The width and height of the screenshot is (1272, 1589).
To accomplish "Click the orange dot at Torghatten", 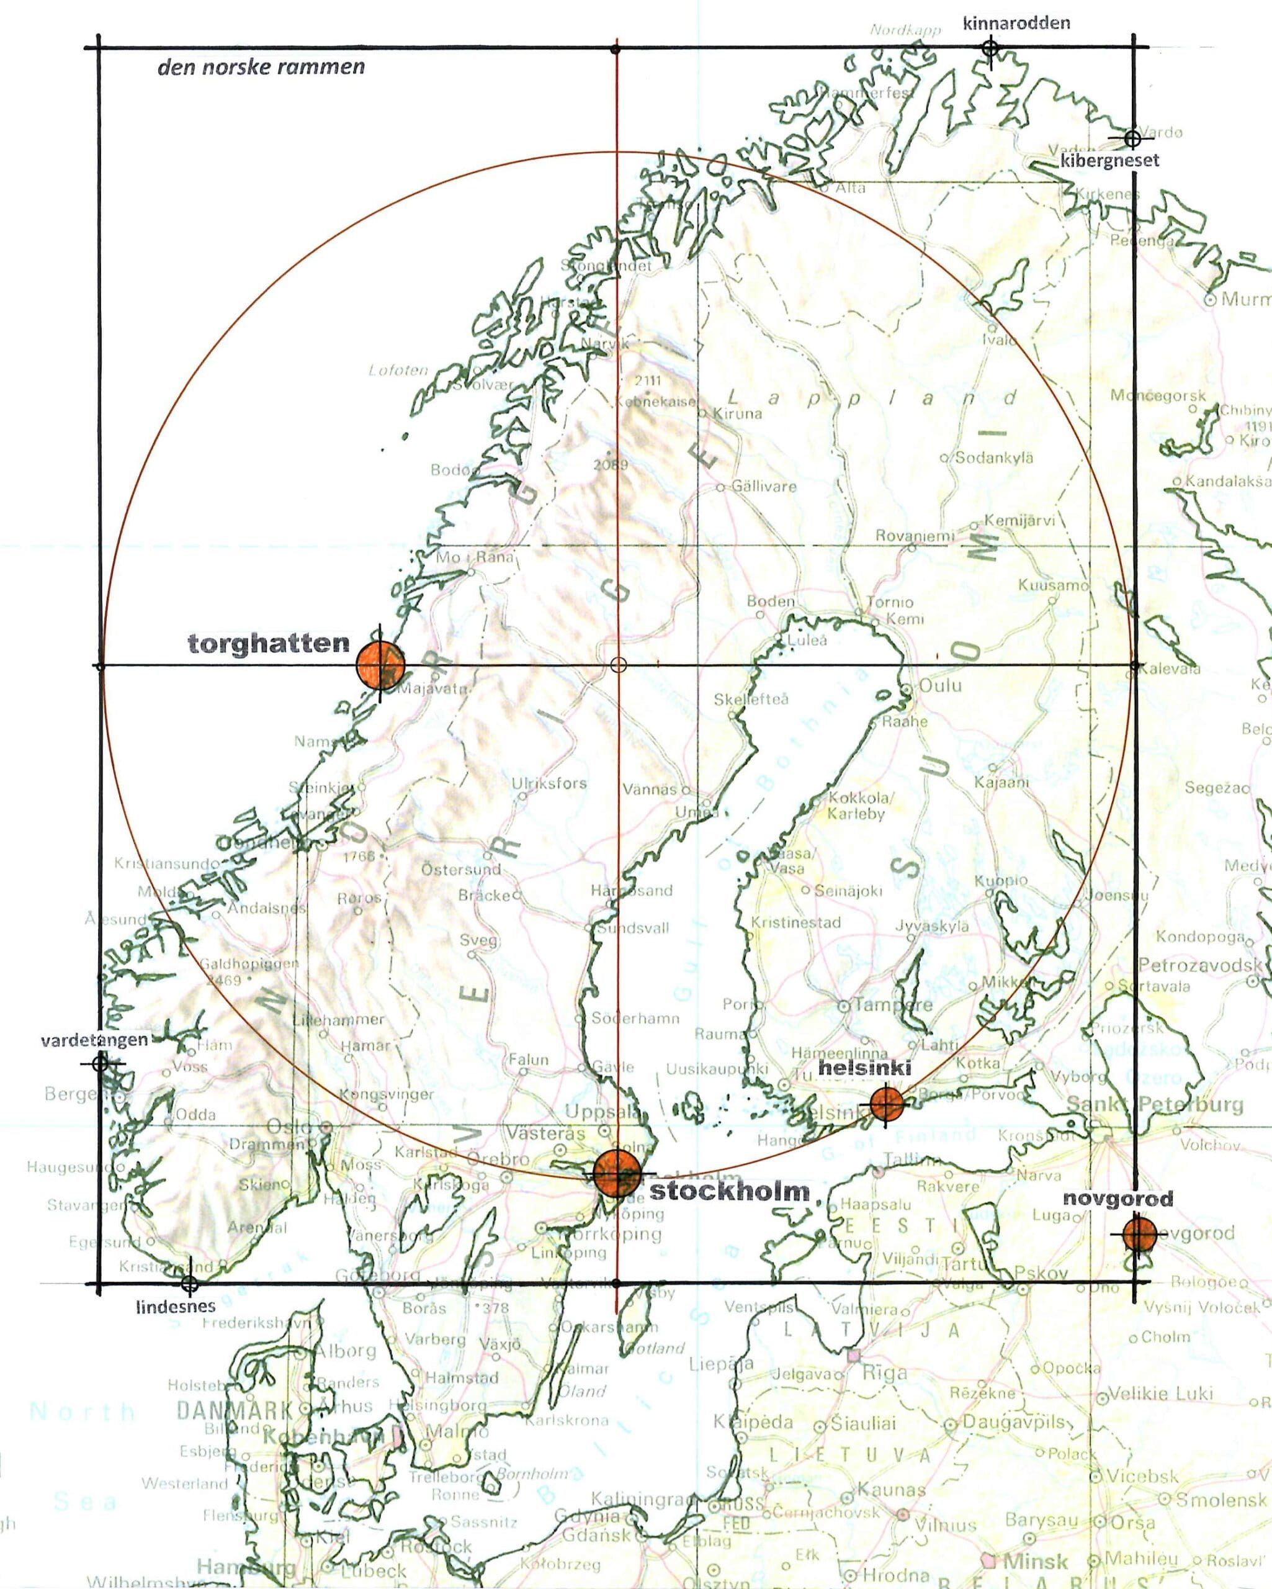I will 380,664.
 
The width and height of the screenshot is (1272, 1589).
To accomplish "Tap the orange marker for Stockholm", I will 617,1173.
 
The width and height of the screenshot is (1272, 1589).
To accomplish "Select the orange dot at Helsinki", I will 886,1104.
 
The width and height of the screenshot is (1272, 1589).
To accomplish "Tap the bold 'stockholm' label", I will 730,1191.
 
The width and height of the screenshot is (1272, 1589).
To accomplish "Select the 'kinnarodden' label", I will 1016,24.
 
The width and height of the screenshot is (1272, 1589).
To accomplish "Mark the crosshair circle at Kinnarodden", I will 990,48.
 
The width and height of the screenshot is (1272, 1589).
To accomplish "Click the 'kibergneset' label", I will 1110,160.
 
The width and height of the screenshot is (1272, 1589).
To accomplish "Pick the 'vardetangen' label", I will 94,1040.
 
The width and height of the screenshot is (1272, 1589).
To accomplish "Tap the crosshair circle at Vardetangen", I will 101,1063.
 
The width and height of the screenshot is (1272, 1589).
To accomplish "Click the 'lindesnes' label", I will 176,1306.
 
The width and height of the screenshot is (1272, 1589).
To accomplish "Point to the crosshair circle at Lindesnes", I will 189,1285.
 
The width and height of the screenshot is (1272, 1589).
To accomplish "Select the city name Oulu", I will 941,685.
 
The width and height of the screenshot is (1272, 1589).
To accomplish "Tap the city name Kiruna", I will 737,413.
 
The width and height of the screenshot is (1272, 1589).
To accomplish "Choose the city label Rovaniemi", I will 915,536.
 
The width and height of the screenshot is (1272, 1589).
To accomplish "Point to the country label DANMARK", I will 235,1410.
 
